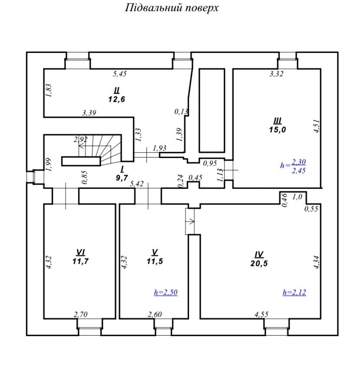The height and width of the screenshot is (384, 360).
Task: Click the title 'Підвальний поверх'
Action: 172,8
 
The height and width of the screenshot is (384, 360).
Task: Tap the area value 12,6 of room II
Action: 117,99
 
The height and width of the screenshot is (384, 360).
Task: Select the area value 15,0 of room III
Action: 277,129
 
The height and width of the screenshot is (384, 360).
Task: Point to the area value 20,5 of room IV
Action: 259,264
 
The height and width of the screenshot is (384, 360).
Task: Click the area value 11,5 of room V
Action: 155,262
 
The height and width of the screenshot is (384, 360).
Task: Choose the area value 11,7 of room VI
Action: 80,262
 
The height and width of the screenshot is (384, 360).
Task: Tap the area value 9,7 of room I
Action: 122,178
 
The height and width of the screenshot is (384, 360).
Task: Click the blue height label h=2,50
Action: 166,292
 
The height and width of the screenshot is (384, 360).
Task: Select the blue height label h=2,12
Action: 294,292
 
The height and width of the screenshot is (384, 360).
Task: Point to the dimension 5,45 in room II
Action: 120,74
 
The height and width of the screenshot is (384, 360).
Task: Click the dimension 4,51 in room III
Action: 317,126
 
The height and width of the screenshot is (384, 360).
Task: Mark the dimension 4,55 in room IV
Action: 261,314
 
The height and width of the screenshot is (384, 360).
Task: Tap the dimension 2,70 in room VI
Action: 80,314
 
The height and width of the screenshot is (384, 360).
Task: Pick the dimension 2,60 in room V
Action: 155,314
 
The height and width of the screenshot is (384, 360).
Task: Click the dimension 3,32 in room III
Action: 277,74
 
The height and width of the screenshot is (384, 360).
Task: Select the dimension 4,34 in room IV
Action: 317,262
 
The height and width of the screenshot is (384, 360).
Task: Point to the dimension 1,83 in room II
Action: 49,91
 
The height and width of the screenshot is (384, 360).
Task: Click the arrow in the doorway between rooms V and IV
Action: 191,221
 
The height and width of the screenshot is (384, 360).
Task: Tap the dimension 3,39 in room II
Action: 89,113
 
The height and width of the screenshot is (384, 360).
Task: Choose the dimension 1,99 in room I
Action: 49,165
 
